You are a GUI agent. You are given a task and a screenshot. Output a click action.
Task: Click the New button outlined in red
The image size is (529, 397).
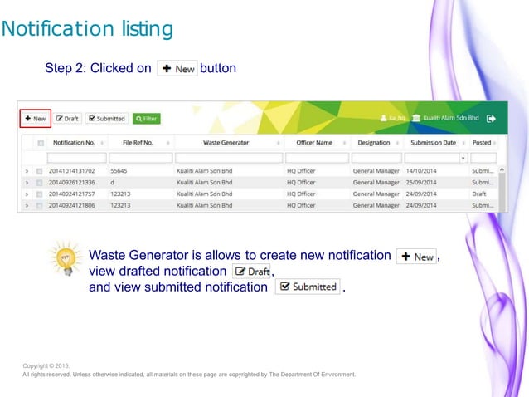point(35,119)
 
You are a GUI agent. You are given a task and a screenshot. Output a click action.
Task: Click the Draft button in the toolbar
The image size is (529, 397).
point(67,119)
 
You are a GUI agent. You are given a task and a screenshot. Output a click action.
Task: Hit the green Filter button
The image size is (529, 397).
point(146,119)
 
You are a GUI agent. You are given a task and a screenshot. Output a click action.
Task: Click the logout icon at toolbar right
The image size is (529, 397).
point(492,119)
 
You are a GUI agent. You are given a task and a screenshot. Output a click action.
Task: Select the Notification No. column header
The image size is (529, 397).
point(73,143)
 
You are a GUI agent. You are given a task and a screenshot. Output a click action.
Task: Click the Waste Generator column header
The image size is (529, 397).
point(226,143)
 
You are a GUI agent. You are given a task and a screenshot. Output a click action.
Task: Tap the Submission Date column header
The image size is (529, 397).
point(433,143)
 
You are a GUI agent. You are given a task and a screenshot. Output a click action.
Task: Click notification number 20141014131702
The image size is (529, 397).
point(72,171)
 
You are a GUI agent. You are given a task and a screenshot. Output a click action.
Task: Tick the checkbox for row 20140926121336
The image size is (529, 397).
point(39,183)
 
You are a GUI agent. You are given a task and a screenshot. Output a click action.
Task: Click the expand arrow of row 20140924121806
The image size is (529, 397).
point(27,205)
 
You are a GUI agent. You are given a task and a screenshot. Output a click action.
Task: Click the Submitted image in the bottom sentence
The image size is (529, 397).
point(308,287)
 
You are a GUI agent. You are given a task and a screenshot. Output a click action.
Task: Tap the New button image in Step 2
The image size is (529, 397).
point(177,68)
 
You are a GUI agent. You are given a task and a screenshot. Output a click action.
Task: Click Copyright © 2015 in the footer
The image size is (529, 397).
point(46,365)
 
